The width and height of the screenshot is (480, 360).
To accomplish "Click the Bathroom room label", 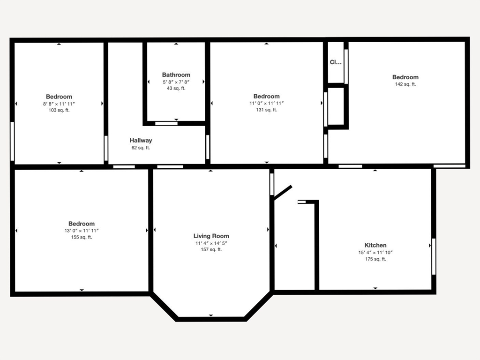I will (x=176, y=75).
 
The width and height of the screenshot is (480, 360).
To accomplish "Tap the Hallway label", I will (x=141, y=140).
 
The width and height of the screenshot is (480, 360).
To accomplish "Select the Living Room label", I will (x=211, y=236).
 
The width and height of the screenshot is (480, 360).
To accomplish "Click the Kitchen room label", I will (x=375, y=245).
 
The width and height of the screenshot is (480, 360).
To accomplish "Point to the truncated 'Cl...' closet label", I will (x=336, y=62).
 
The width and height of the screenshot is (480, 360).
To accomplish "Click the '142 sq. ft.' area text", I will (x=405, y=84).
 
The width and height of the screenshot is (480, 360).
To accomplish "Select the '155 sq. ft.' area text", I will (x=82, y=237).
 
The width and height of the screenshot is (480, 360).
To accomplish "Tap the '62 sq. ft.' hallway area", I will (x=141, y=148).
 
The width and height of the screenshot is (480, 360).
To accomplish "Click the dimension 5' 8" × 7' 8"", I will (x=176, y=82).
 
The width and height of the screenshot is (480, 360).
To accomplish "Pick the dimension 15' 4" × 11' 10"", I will (x=375, y=252).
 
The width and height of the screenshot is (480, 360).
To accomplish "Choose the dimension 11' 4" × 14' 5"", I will (x=211, y=243).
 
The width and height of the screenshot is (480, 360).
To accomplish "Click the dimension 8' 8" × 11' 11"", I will (x=59, y=104).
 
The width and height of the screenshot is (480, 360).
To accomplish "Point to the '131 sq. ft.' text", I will (x=266, y=110).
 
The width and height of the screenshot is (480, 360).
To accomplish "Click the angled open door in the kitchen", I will (x=283, y=192).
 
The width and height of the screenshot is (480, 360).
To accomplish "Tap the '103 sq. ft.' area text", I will (x=59, y=110).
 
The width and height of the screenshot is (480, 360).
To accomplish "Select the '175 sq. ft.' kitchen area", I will (x=375, y=259).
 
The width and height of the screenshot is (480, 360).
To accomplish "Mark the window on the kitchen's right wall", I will (x=434, y=256).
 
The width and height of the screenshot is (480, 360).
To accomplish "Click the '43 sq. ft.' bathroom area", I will (x=176, y=88).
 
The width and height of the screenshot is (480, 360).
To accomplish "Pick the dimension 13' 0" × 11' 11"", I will (x=82, y=231).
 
